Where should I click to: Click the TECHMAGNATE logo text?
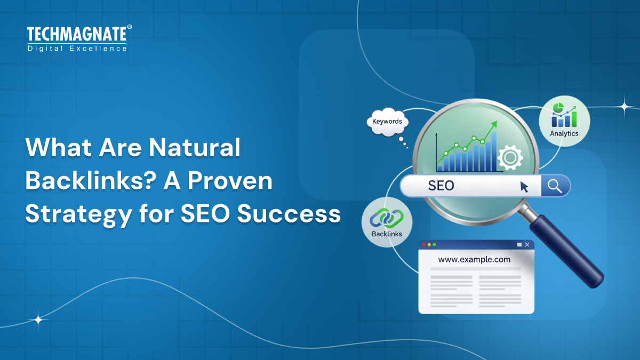tap(76, 35)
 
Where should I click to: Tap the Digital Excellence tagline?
tap(77, 49)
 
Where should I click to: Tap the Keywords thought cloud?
tap(387, 122)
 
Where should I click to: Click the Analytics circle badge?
tap(564, 121)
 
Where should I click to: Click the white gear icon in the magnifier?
tap(510, 157)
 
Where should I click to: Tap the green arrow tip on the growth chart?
tap(494, 124)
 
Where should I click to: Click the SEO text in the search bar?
tap(441, 186)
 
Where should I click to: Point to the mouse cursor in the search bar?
tap(525, 187)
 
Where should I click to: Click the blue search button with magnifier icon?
tap(555, 186)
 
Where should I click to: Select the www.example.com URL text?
tap(474, 260)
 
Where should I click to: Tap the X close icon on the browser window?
tap(527, 245)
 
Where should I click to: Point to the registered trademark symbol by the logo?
tap(129, 27)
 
